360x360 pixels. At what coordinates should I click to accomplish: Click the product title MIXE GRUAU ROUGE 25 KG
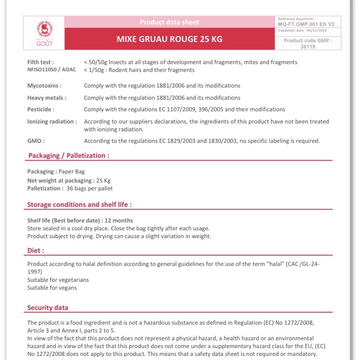(x=169, y=39)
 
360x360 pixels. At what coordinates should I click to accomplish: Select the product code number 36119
(x=307, y=46)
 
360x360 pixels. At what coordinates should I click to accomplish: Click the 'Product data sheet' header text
(x=169, y=22)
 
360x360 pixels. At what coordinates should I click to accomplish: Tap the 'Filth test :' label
(x=41, y=62)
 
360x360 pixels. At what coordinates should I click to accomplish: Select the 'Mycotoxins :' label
(x=45, y=85)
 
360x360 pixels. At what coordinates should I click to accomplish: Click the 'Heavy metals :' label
(x=47, y=98)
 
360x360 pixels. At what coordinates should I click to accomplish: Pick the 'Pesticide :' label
(x=41, y=109)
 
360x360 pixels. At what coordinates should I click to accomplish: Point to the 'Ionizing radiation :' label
(x=52, y=121)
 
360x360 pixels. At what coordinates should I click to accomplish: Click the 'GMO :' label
(x=36, y=141)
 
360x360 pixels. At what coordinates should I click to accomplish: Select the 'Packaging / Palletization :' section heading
(x=68, y=156)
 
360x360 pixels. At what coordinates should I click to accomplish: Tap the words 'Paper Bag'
(x=72, y=171)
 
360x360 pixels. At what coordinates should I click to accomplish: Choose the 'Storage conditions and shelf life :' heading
(x=79, y=205)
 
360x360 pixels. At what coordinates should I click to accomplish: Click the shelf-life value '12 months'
(x=119, y=220)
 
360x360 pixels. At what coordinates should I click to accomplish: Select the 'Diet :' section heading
(x=36, y=250)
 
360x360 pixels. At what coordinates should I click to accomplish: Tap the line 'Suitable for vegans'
(x=52, y=288)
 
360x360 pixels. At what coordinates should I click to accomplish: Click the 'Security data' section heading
(x=48, y=308)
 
